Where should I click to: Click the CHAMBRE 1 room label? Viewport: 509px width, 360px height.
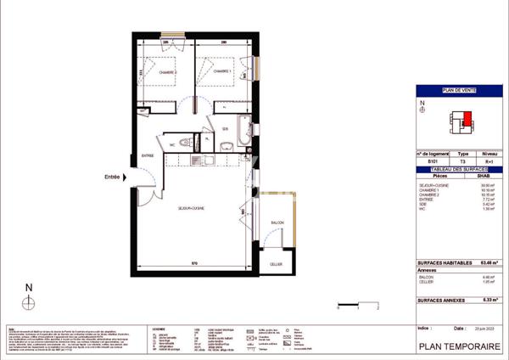coord(223,71)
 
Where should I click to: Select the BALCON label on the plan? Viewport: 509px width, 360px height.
coord(277,222)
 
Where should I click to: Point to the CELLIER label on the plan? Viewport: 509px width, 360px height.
coord(277,264)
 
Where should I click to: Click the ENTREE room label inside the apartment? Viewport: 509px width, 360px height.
coord(148,155)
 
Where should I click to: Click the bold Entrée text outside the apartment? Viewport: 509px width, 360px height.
coord(112,177)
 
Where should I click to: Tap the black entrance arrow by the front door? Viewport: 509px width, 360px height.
coord(126,177)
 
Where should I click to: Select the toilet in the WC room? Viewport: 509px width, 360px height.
coord(187,142)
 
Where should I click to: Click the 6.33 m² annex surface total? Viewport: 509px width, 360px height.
coord(486,299)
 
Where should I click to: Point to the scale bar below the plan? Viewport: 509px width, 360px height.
coord(356,303)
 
